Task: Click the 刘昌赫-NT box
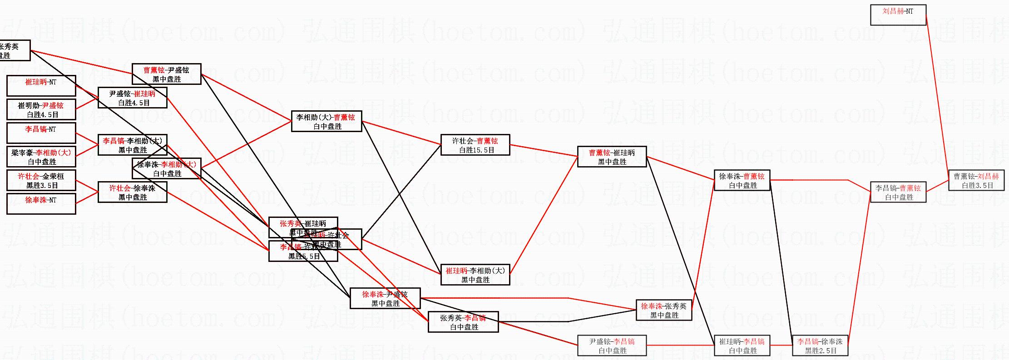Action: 898,15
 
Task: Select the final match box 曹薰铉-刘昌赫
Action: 976,181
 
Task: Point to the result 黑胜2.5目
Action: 821,350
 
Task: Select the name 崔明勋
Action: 29,106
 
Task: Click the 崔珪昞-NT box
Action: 41,86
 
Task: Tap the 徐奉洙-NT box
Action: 41,203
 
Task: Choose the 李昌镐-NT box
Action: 41,133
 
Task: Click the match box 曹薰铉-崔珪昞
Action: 612,157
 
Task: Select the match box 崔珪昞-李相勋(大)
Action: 475,275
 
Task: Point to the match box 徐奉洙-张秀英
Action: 663,311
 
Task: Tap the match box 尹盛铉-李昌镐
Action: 612,345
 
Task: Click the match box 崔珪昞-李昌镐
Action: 742,345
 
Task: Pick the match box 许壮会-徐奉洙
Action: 132,192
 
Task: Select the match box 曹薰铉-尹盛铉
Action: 166,74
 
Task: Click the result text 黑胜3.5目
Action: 42,185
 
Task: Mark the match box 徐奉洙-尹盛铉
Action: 385,298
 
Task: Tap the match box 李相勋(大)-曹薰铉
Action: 326,121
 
